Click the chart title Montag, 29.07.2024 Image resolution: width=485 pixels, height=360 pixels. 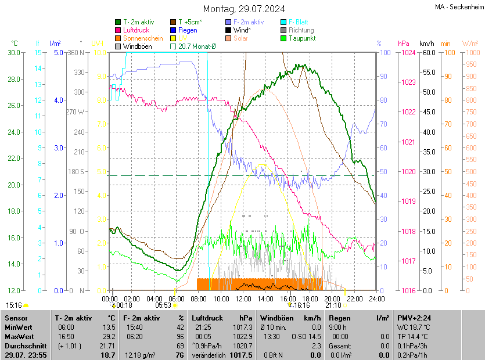pos(243,9)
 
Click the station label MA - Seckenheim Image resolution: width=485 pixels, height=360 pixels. pos(458,7)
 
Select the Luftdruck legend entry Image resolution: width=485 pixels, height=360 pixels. pos(137,30)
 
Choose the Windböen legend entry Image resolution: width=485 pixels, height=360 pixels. pos(138,46)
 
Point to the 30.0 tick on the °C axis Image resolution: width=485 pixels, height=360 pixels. pos(15,52)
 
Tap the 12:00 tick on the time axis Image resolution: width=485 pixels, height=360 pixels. pos(243,298)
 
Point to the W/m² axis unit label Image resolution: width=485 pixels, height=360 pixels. pos(470,44)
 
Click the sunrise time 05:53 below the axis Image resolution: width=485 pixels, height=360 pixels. pos(163,305)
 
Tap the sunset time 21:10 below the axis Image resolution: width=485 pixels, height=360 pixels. pos(333,305)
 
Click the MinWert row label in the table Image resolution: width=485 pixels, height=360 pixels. pos(18,327)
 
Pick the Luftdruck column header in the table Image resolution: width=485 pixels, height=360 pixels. pos(207,318)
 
